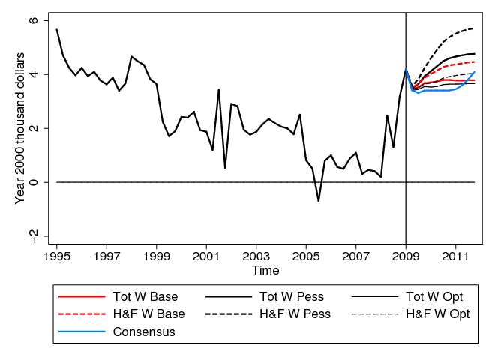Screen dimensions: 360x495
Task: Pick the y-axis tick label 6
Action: (33, 21)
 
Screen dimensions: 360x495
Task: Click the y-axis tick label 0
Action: (33, 182)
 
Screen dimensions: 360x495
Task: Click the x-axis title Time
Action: (265, 270)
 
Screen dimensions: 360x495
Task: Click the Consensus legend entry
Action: (143, 332)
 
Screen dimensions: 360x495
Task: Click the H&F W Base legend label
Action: (148, 314)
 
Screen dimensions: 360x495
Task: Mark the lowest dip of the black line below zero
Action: (318, 201)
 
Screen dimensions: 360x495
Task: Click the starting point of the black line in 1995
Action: (56, 29)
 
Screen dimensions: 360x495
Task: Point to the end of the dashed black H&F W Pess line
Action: (475, 28)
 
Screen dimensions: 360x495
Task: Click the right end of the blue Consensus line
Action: (475, 71)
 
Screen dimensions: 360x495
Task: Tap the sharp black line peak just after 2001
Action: (218, 89)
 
